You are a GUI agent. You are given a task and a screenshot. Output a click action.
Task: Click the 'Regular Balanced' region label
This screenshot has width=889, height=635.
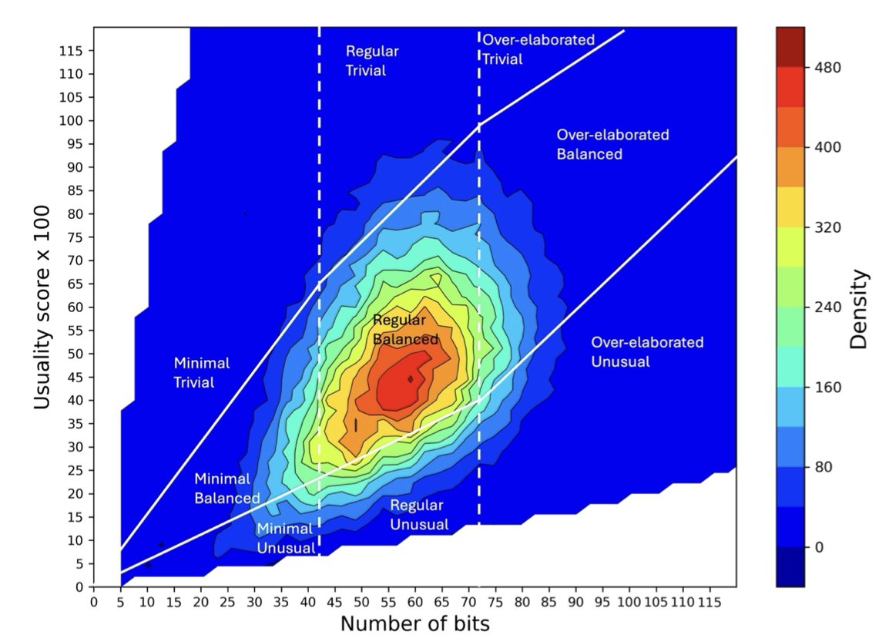click(405, 329)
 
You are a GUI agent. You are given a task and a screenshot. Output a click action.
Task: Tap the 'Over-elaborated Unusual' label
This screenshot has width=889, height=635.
click(646, 351)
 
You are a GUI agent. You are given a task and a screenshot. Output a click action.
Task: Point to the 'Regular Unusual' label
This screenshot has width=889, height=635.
click(418, 515)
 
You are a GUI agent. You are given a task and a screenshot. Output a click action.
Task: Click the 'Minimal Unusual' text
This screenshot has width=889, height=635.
click(285, 538)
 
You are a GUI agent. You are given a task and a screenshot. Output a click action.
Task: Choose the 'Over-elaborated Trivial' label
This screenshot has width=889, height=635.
click(538, 49)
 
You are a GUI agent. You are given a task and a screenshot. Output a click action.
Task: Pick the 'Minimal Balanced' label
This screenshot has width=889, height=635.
click(226, 489)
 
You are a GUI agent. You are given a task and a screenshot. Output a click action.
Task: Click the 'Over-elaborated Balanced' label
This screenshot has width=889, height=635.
click(612, 144)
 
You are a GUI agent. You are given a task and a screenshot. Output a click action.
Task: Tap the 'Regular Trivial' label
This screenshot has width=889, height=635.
click(372, 61)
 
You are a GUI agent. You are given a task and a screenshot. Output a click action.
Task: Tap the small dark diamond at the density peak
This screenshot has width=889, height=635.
click(411, 378)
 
